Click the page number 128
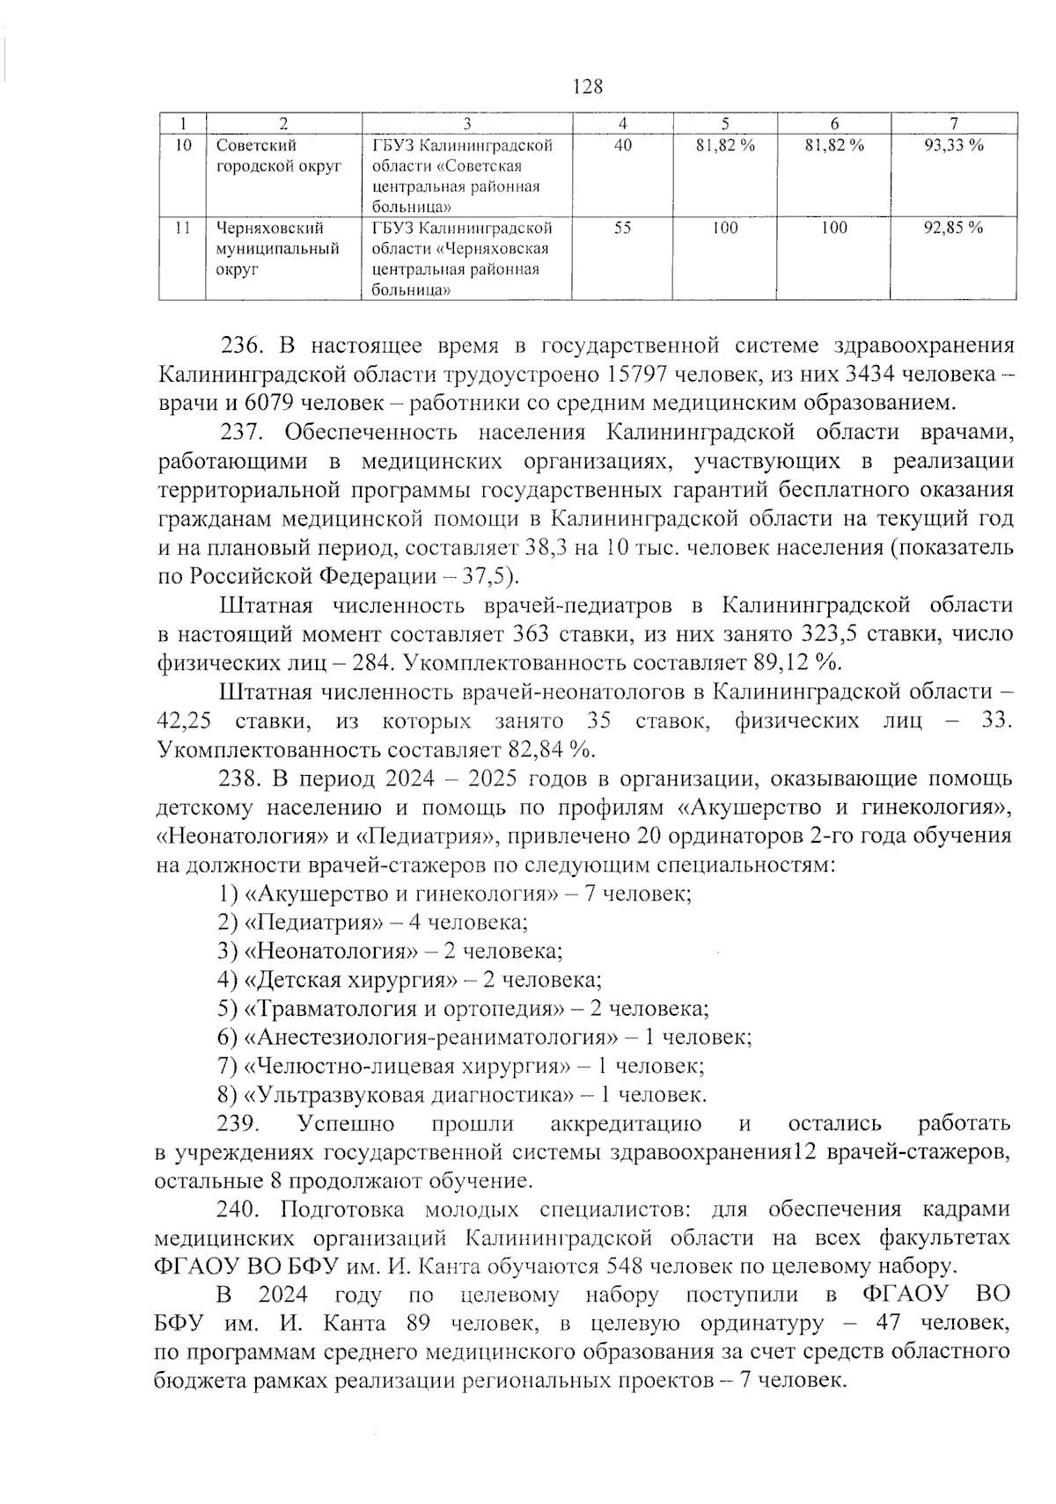tap(588, 86)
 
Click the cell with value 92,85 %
tap(953, 229)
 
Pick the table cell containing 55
tap(623, 229)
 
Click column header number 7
tap(953, 123)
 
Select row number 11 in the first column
tap(181, 229)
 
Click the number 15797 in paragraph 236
tap(642, 375)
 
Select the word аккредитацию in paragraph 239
tap(626, 1124)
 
